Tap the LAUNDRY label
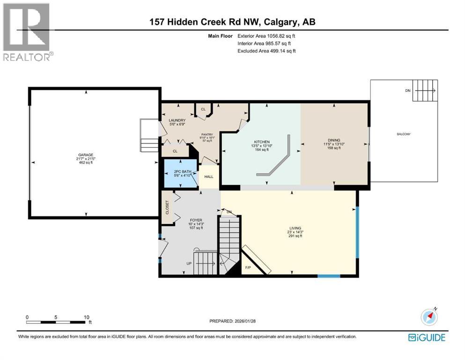click(177, 120)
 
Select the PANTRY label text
click(207, 134)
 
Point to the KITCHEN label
click(261, 142)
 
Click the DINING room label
click(334, 140)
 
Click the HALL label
click(209, 177)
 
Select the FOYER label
click(196, 220)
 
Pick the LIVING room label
click(295, 228)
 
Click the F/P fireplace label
click(248, 268)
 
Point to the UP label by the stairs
click(189, 263)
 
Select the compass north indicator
click(429, 317)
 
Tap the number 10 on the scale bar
click(86, 317)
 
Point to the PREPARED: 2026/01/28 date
click(232, 321)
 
